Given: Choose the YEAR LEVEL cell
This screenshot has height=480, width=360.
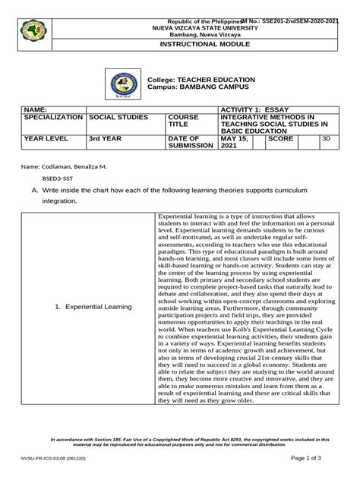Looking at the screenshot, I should [46, 140].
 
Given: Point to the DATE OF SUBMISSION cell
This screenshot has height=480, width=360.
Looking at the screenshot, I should [190, 144].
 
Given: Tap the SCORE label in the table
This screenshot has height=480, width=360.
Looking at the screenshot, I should [281, 140].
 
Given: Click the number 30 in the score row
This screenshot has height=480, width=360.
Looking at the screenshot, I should [326, 140].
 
